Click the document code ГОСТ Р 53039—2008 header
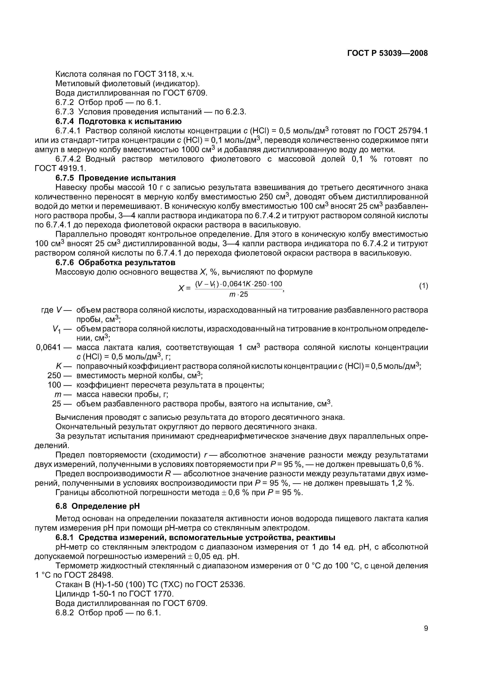387,53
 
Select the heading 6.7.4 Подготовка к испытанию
119,121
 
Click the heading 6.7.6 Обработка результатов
115,262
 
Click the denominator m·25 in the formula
239,294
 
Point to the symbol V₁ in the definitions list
56,329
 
